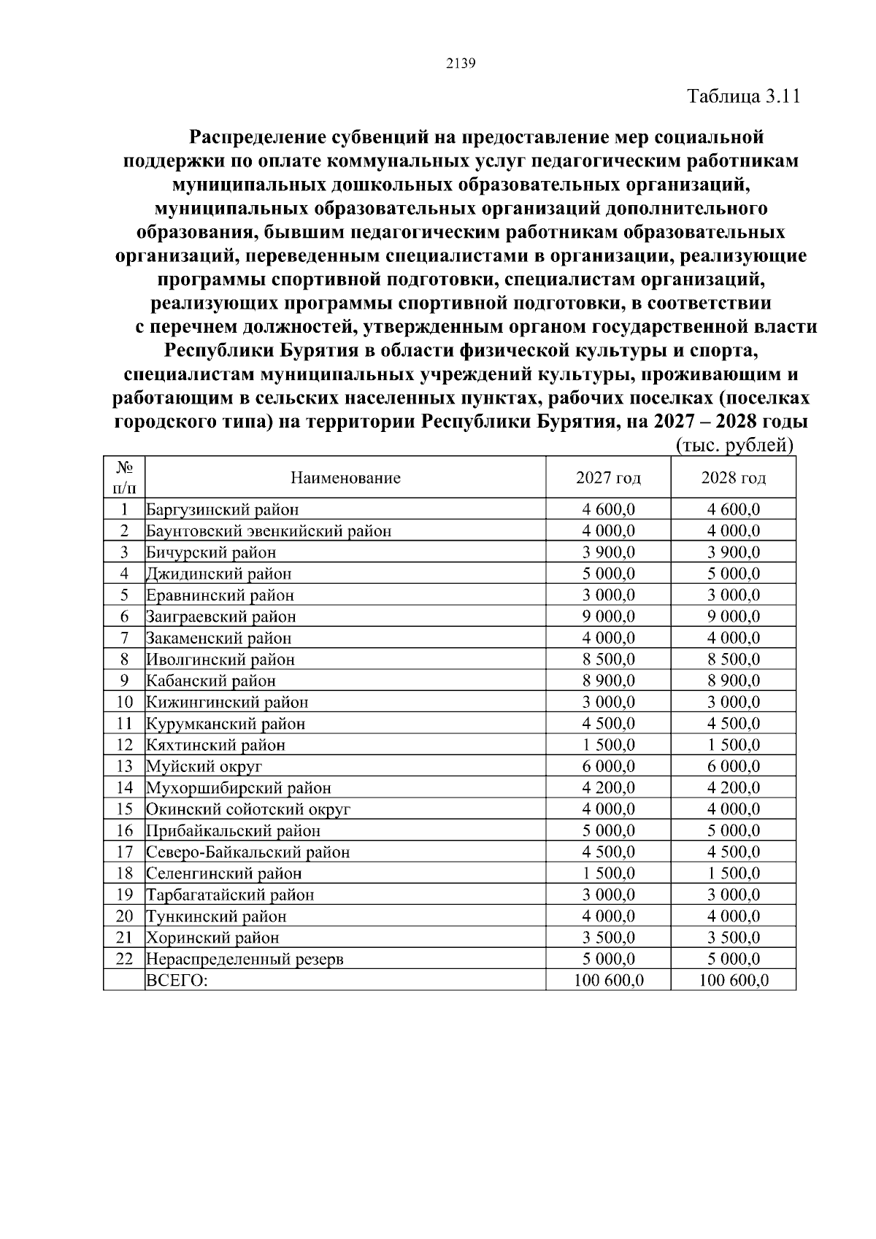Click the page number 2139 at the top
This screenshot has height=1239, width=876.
point(460,63)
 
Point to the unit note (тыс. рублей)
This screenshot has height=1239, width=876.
point(734,445)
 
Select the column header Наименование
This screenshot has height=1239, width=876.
point(345,478)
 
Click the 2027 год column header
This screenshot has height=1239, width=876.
point(608,478)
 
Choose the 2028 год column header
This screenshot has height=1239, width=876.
point(733,478)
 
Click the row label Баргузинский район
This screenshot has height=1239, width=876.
point(223,509)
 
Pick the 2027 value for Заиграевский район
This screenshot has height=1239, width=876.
point(608,617)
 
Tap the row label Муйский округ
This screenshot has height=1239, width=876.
point(204,766)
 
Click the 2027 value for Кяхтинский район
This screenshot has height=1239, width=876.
point(608,745)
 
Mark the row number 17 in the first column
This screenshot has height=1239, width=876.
point(124,852)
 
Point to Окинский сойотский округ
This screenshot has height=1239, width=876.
point(248,809)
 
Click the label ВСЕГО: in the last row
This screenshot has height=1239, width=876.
point(177,981)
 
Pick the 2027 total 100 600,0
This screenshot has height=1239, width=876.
point(608,981)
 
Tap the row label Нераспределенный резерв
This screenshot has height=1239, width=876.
point(245,959)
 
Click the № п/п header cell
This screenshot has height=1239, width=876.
point(124,478)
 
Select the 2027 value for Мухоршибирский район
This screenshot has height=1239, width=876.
point(608,788)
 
